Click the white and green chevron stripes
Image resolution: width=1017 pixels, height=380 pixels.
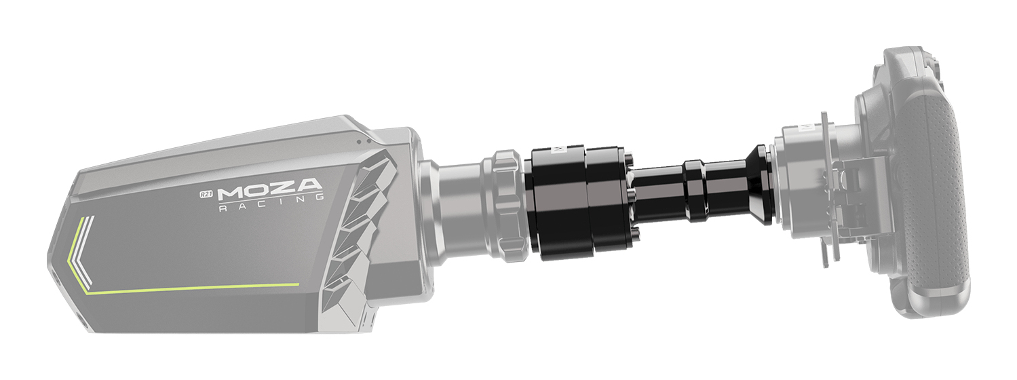[x=79, y=251]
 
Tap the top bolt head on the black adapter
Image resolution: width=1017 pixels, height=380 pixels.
[x=630, y=160]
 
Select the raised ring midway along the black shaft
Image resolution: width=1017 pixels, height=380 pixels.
[x=694, y=191]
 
